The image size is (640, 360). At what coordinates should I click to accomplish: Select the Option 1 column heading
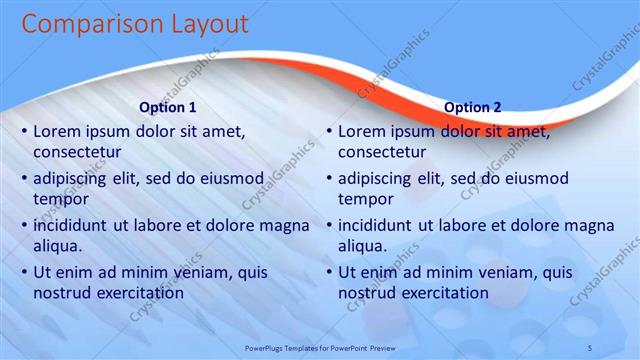click(166, 107)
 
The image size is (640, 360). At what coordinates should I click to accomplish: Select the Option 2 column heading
click(472, 107)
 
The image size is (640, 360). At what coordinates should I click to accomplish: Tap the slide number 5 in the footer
click(589, 347)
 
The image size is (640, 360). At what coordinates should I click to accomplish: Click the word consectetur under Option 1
click(77, 153)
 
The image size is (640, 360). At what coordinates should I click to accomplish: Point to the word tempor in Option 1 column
click(60, 199)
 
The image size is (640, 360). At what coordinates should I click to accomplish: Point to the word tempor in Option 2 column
click(365, 199)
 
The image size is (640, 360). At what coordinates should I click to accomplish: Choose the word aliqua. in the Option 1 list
click(58, 245)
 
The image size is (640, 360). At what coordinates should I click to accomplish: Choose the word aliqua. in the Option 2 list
click(363, 245)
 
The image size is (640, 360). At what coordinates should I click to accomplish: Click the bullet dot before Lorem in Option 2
click(329, 131)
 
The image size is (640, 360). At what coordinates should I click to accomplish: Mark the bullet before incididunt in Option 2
click(329, 225)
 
